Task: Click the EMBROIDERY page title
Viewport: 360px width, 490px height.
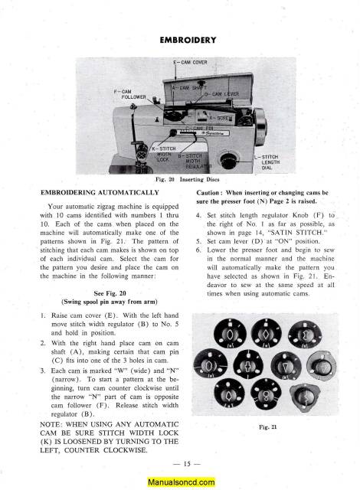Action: coord(181,37)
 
